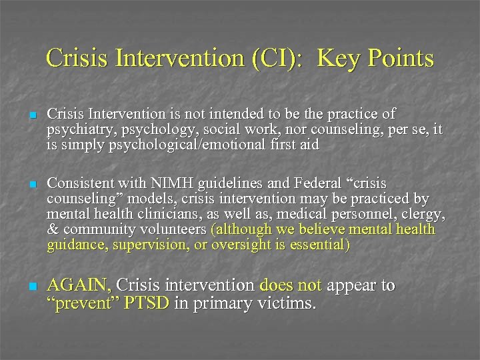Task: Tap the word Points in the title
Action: point(401,59)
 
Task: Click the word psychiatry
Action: point(74,129)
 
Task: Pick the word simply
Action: point(83,144)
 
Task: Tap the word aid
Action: point(309,144)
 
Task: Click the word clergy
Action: point(424,214)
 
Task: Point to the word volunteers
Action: point(173,230)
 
